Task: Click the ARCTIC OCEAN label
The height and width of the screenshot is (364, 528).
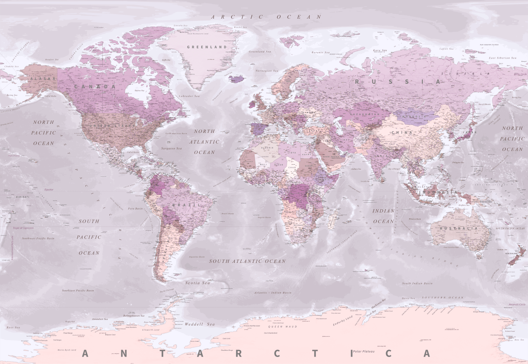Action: (266, 17)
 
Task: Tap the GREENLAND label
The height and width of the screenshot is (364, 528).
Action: (207, 47)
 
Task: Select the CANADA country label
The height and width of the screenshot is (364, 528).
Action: (95, 87)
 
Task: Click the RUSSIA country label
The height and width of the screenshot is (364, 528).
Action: (398, 82)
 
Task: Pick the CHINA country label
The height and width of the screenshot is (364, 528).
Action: (402, 132)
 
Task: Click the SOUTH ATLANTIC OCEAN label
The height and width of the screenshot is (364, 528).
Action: (247, 261)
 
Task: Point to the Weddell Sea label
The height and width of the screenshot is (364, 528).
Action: (200, 324)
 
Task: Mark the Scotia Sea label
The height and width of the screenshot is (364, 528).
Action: (198, 283)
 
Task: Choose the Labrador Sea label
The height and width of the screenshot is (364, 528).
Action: (189, 96)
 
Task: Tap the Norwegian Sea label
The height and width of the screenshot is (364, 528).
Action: (267, 71)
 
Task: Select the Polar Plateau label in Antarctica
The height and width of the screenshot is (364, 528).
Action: (363, 352)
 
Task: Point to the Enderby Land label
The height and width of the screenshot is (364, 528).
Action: (343, 321)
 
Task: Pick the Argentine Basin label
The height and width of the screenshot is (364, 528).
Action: (197, 257)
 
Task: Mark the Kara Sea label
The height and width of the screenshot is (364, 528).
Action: (380, 50)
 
